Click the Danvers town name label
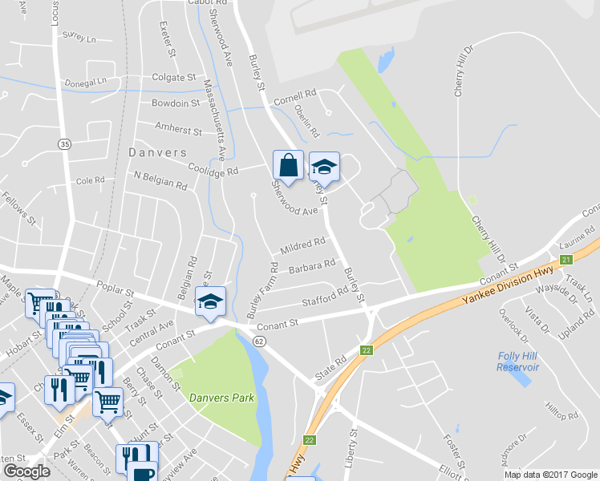(x=157, y=152)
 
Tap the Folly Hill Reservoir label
(x=517, y=361)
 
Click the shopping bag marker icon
(x=288, y=166)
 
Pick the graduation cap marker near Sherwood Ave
(x=324, y=167)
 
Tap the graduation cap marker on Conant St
(x=210, y=301)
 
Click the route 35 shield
(x=65, y=143)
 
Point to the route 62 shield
(x=259, y=341)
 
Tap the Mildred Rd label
(x=302, y=244)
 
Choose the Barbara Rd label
(x=311, y=267)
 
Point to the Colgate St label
(x=174, y=78)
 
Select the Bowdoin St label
(x=176, y=103)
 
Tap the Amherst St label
(x=179, y=129)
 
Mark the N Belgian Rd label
(x=160, y=180)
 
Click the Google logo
(x=26, y=471)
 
